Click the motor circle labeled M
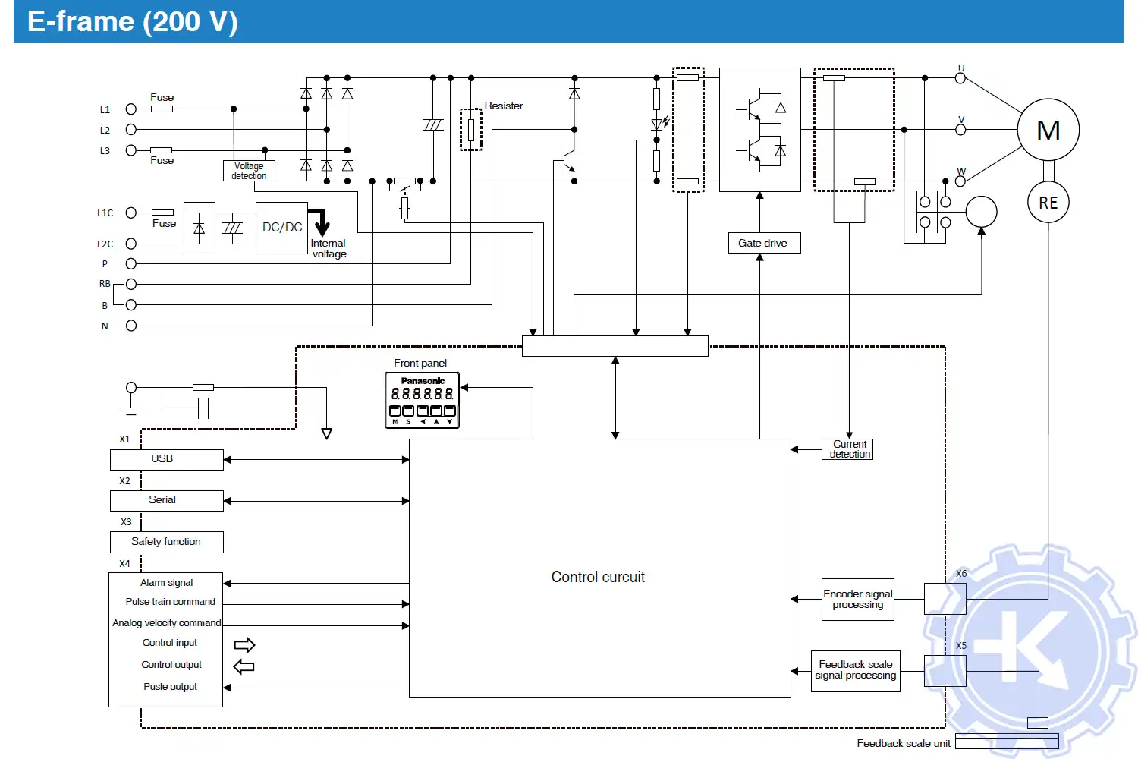tap(1048, 130)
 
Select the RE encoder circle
tap(1048, 203)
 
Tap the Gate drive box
tap(763, 243)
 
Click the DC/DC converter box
tap(281, 228)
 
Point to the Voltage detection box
tap(249, 171)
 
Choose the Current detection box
tap(848, 449)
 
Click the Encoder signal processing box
tap(857, 600)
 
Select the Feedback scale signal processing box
tap(855, 670)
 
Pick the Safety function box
tap(166, 542)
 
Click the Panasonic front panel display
tap(422, 400)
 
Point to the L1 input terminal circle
tap(131, 109)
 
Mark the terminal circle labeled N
tap(131, 326)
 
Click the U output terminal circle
tap(960, 77)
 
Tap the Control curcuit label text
tap(598, 577)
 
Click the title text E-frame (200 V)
tap(133, 21)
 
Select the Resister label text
tap(504, 106)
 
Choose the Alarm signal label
tap(166, 583)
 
